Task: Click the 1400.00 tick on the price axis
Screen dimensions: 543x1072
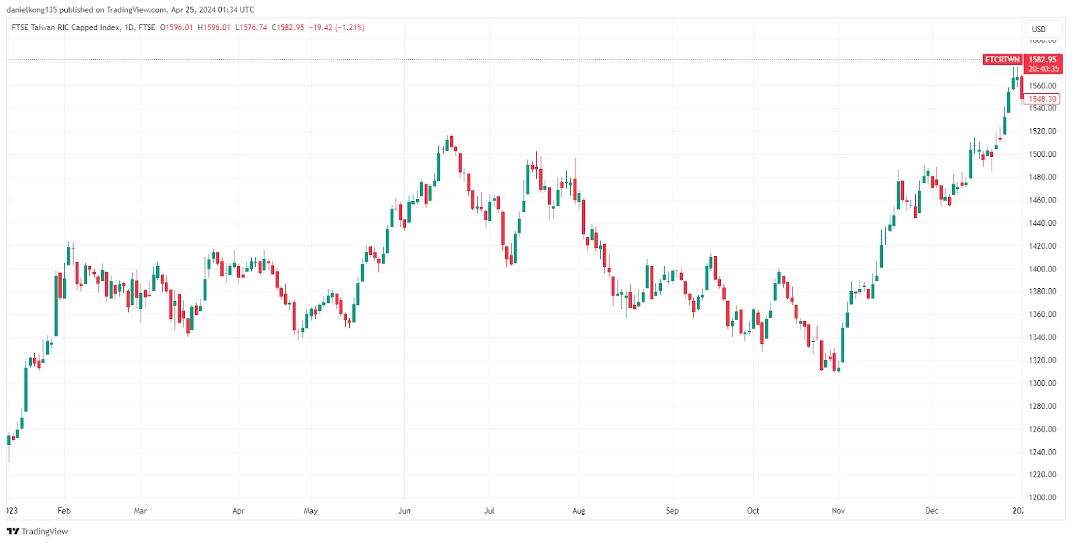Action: click(x=1042, y=269)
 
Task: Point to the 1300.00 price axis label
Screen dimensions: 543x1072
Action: click(x=1042, y=383)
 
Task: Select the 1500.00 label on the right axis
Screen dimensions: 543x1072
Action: click(x=1042, y=154)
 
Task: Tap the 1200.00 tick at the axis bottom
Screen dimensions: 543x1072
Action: click(x=1042, y=497)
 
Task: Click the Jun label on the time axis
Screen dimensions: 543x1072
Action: click(x=404, y=511)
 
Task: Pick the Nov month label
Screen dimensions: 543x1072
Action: click(x=838, y=511)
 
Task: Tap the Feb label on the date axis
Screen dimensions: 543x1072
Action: click(x=64, y=511)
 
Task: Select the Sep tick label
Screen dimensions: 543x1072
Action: click(x=672, y=511)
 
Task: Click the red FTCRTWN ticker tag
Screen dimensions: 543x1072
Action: click(x=1002, y=60)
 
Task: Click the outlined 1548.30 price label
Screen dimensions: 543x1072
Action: click(x=1042, y=99)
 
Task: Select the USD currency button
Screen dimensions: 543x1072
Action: click(x=1038, y=29)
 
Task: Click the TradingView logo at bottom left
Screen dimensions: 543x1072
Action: click(x=38, y=532)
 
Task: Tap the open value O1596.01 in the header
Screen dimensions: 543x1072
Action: click(x=176, y=27)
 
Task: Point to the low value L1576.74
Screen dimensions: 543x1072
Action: click(x=251, y=27)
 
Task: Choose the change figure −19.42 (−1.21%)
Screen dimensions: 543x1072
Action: click(x=336, y=27)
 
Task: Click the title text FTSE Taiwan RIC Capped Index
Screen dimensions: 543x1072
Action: click(x=66, y=27)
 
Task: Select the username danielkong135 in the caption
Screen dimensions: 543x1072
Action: click(x=31, y=9)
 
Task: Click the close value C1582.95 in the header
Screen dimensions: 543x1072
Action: click(x=287, y=27)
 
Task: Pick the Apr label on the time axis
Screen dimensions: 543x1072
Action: click(x=238, y=511)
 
